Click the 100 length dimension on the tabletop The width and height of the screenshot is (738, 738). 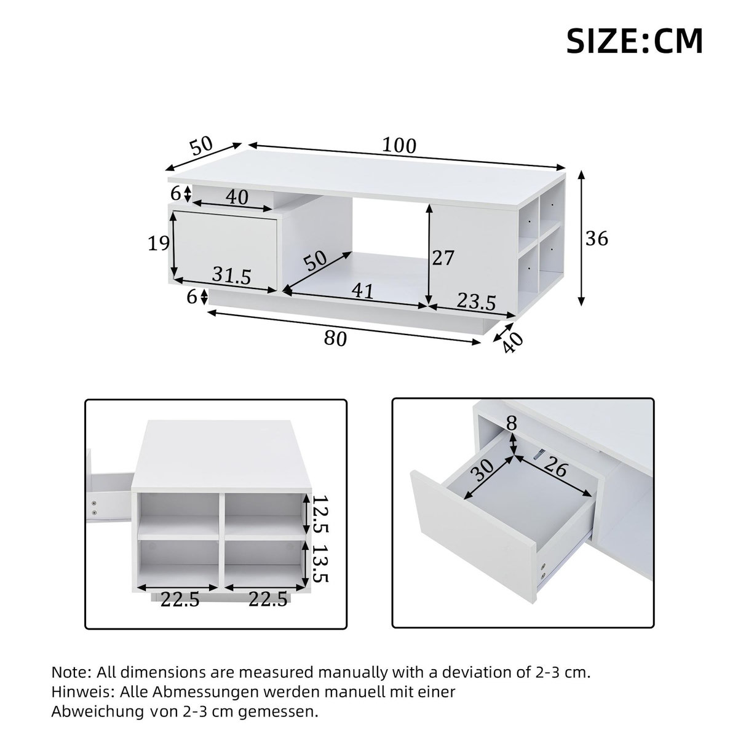pyautogui.click(x=399, y=146)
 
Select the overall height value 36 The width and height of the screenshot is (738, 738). pyautogui.click(x=596, y=239)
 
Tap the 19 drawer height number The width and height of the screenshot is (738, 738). pyautogui.click(x=159, y=244)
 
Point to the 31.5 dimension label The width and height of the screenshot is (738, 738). pyautogui.click(x=232, y=276)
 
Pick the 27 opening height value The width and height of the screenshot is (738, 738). pyautogui.click(x=443, y=258)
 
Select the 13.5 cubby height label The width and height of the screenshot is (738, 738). pyautogui.click(x=320, y=563)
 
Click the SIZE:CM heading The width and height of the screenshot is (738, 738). pyautogui.click(x=634, y=41)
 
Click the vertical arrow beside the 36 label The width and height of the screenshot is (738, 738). pyautogui.click(x=581, y=238)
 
